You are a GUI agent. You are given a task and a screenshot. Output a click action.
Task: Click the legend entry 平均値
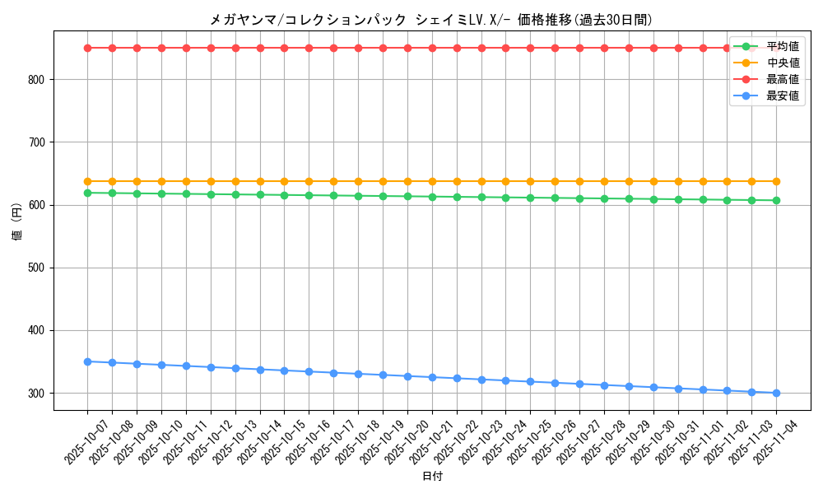point(782,46)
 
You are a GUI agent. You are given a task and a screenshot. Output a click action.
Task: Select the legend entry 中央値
point(782,63)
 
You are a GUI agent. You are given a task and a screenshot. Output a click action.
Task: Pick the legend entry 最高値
point(782,79)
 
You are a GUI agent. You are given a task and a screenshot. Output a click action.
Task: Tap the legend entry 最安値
point(782,96)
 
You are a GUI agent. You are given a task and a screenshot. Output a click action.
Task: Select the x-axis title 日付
point(432,477)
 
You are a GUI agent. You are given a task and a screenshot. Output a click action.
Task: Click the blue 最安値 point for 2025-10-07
point(87,361)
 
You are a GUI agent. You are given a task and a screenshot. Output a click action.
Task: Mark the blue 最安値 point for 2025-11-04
point(776,393)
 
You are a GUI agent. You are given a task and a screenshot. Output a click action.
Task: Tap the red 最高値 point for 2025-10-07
point(87,48)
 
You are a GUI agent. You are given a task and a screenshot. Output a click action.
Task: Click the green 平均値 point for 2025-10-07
point(87,193)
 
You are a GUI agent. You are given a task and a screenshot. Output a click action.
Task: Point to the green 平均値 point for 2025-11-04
point(776,200)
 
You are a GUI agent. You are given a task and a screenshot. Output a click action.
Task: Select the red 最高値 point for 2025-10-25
point(530,48)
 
